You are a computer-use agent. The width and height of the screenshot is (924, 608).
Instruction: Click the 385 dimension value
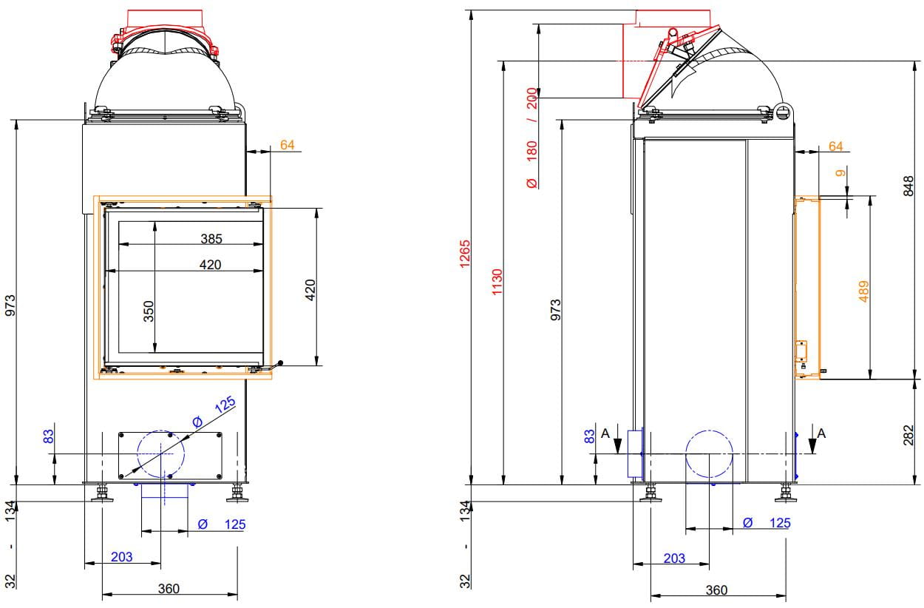point(211,239)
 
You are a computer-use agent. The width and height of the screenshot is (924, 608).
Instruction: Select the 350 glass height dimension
point(149,311)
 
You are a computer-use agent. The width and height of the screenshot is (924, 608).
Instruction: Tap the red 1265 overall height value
point(465,254)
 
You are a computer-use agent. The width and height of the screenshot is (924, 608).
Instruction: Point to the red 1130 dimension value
point(497,282)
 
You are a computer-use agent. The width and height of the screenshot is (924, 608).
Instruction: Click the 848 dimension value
point(908,186)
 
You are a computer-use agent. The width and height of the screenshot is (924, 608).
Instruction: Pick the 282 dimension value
point(908,435)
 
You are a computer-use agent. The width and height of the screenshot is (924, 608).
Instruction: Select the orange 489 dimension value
point(863,291)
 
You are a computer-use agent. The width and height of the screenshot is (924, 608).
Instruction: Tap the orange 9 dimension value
point(840,173)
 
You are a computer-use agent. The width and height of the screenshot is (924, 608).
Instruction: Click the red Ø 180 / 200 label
point(532,138)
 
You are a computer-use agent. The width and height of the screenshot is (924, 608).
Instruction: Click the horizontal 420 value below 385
point(211,265)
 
